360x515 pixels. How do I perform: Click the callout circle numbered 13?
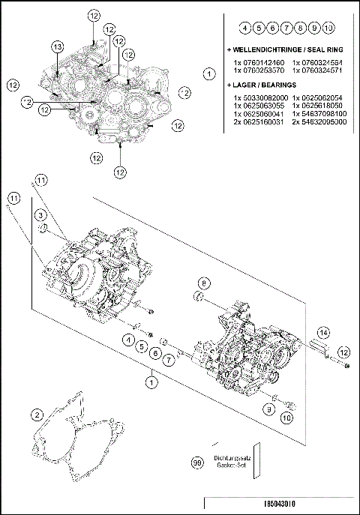click(x=58, y=47)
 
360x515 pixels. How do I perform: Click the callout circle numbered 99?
click(x=197, y=464)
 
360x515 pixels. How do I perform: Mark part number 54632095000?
click(x=320, y=121)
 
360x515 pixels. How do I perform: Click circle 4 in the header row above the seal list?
click(x=245, y=28)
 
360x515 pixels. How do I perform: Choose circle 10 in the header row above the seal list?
click(x=328, y=28)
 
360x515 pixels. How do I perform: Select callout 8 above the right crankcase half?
click(x=202, y=282)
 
